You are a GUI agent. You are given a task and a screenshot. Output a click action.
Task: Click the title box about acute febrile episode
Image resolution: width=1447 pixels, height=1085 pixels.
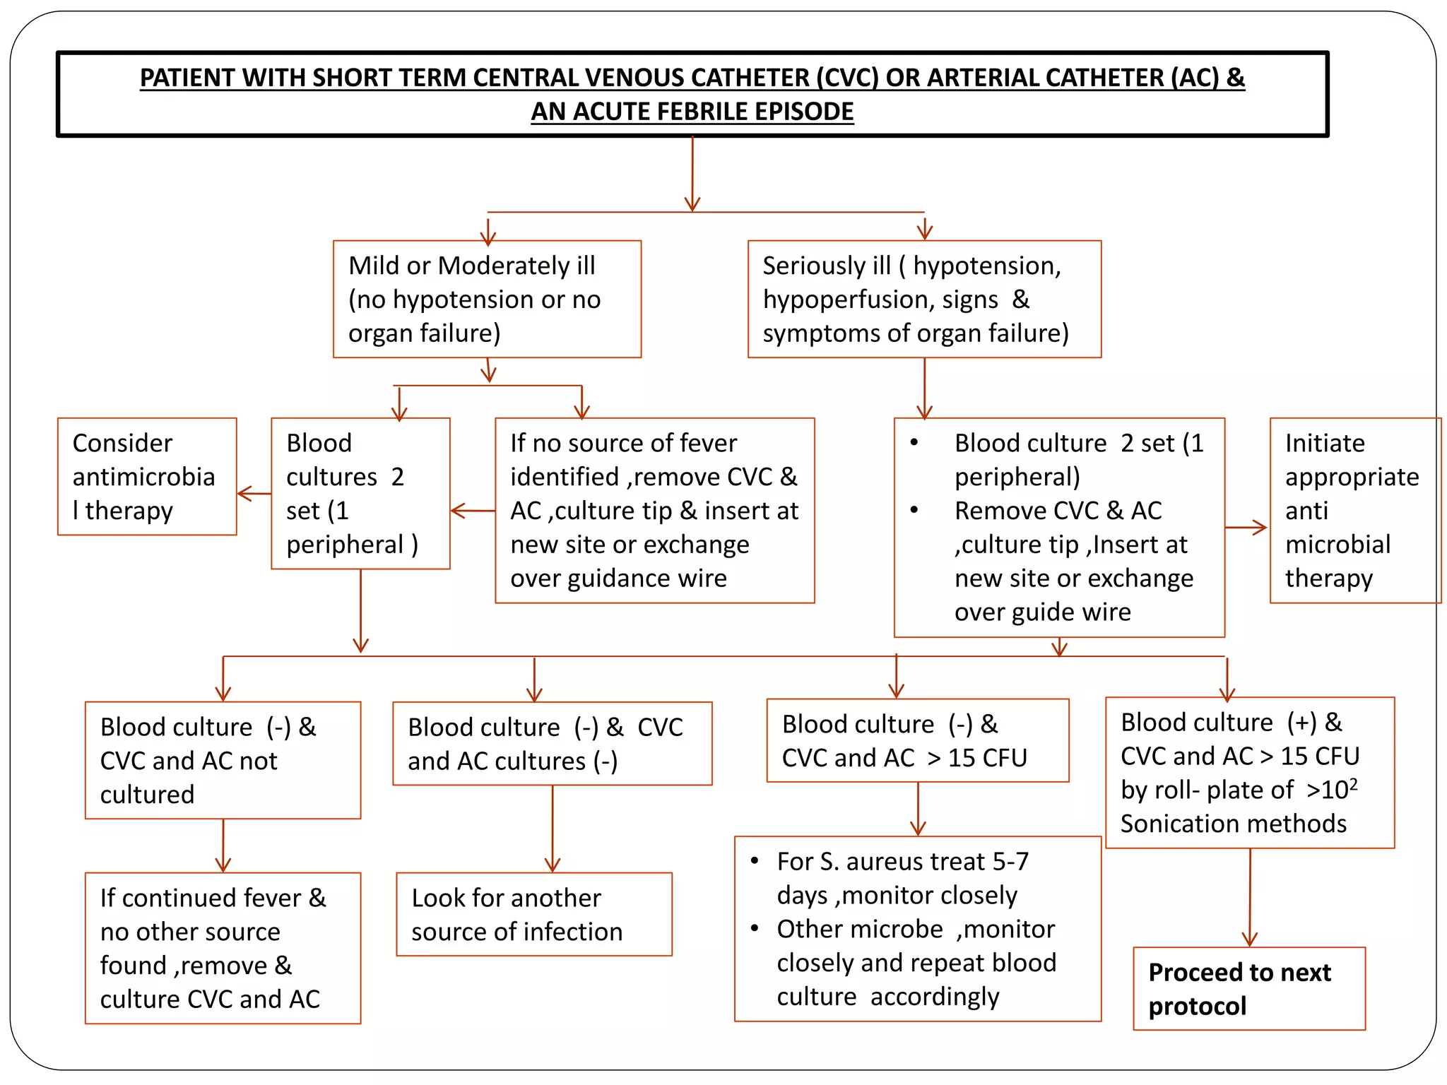692,94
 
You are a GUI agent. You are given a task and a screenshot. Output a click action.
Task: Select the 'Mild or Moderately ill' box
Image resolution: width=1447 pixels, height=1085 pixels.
487,299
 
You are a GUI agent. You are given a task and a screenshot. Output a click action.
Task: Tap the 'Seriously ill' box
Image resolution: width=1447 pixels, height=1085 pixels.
923,299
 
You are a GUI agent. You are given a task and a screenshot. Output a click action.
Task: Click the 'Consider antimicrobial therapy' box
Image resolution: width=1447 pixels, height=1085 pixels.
147,476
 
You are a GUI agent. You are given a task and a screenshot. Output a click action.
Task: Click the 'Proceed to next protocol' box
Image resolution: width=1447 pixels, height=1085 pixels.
1248,988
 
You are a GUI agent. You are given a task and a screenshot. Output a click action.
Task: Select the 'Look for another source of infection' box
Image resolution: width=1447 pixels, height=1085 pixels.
533,914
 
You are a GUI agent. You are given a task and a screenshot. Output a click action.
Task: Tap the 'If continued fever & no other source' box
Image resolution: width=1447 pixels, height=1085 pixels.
223,948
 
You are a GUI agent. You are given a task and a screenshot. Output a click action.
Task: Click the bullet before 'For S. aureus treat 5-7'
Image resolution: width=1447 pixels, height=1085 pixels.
755,861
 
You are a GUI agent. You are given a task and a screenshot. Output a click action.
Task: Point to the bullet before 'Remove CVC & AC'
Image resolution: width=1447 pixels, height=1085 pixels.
914,510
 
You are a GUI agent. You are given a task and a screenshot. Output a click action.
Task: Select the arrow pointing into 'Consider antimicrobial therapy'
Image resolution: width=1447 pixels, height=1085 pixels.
252,494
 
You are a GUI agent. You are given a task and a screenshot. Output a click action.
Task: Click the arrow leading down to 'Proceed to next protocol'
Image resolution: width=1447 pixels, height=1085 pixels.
1249,898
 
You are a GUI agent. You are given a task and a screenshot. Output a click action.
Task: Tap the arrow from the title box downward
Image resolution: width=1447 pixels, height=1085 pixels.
692,174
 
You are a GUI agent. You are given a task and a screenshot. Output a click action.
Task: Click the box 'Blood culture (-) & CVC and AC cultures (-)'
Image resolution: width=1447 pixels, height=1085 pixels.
552,743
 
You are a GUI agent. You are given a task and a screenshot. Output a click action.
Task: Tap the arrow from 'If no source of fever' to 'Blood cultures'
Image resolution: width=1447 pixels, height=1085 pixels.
472,510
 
